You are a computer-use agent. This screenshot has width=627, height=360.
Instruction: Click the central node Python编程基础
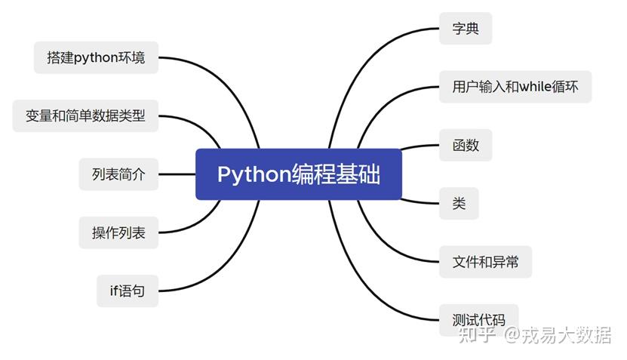click(299, 174)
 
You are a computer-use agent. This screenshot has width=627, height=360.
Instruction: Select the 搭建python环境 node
click(96, 57)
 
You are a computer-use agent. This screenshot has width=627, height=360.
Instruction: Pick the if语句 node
click(128, 291)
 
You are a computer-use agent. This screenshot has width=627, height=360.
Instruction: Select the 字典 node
click(466, 29)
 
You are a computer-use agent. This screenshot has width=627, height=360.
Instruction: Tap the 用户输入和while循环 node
click(515, 87)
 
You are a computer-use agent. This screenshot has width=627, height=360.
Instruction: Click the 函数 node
click(466, 145)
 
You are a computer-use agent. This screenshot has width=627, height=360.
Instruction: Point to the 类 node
click(459, 204)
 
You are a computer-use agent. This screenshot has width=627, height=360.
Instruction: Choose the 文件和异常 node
click(485, 262)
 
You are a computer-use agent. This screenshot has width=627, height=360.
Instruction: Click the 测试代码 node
click(478, 319)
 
